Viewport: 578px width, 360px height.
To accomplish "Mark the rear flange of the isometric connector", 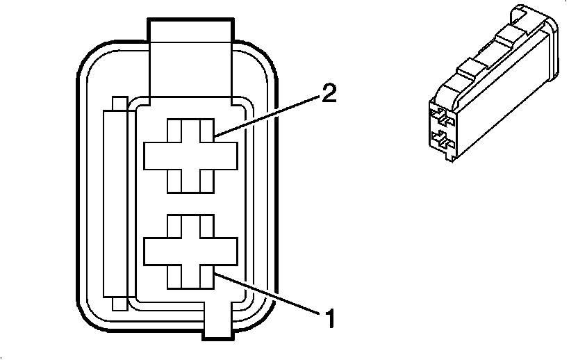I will pyautogui.click(x=550, y=49).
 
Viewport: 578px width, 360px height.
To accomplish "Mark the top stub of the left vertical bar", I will pyautogui.click(x=119, y=103).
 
